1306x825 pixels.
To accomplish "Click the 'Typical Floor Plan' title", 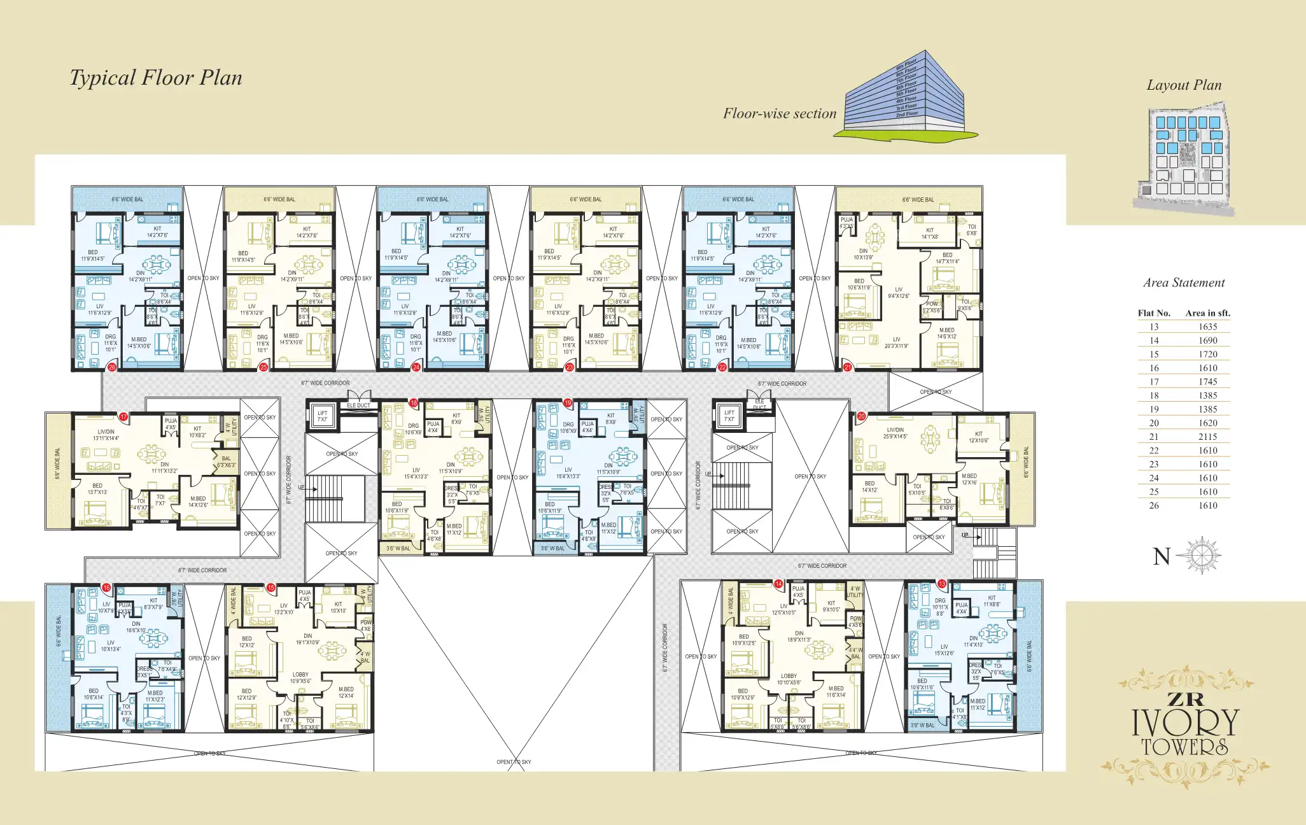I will (156, 78).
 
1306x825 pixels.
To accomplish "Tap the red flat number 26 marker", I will (112, 367).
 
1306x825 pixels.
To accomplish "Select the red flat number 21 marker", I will (847, 367).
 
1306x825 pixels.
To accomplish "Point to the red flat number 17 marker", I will (123, 417).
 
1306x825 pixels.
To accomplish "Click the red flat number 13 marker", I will (942, 584).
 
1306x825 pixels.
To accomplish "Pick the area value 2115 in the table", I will (1207, 437).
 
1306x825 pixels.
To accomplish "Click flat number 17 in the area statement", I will (1154, 382).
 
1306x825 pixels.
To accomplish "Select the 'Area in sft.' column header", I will (1207, 313).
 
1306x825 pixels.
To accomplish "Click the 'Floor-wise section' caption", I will (779, 114).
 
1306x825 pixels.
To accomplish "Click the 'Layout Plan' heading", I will (1184, 85).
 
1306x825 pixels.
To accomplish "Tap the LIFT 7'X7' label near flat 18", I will (323, 416).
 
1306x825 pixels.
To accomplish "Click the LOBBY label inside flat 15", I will (300, 677).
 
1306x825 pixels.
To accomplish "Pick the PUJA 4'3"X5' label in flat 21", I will (846, 223).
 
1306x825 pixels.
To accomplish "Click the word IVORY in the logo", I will (1185, 722).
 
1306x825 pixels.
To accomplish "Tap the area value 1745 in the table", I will (1207, 382).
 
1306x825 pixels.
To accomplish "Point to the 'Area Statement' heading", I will (1184, 283).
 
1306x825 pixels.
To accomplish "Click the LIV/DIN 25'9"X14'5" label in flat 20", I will (895, 433).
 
